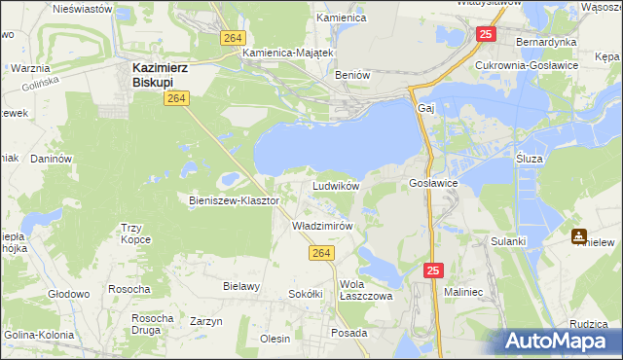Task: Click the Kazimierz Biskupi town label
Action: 161,75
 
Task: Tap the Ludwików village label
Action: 336,185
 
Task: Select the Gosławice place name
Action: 433,183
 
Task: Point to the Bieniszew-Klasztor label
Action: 234,200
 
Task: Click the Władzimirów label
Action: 321,225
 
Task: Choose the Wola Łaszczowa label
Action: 365,290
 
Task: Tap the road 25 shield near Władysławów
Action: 485,34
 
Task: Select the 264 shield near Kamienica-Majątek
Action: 231,37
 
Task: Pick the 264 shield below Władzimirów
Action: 323,253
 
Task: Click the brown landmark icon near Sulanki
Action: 578,234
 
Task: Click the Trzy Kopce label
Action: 136,234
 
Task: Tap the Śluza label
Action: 530,157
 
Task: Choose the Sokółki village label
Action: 305,294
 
